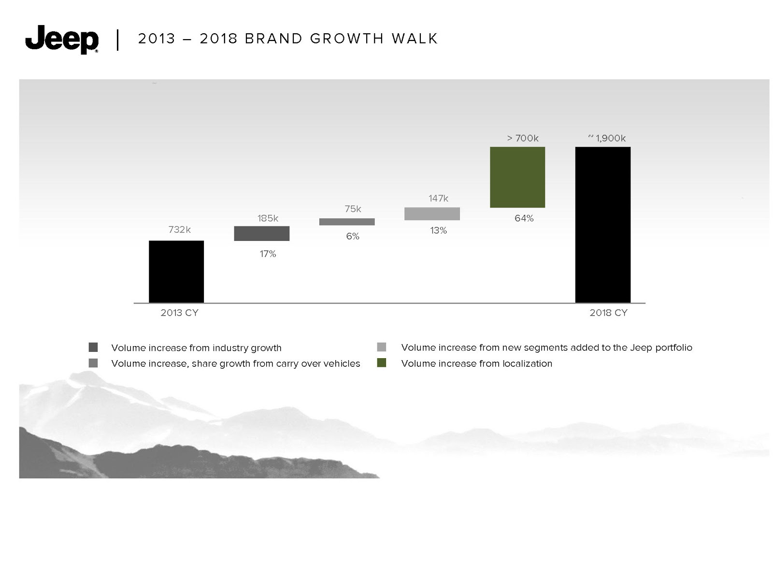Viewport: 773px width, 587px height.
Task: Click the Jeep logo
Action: point(62,40)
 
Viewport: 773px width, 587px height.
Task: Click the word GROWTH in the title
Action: point(346,38)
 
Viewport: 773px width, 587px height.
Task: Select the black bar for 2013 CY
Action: point(176,271)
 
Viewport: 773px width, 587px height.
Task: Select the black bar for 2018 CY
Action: point(602,224)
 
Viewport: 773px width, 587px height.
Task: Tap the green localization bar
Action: point(517,177)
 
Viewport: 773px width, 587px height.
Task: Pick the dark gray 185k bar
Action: point(262,233)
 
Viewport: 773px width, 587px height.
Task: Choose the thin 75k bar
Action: point(347,222)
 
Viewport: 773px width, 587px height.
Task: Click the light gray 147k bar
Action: point(432,213)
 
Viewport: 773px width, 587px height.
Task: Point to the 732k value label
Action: point(179,229)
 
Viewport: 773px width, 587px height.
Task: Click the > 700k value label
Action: point(523,138)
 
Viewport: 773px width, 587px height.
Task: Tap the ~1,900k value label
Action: point(607,138)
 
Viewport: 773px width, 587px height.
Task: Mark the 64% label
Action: point(524,218)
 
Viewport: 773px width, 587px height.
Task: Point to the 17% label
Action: point(268,253)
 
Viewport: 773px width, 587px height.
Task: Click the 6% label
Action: point(353,236)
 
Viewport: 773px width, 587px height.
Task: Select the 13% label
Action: point(438,230)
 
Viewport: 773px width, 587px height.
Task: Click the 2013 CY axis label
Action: point(179,312)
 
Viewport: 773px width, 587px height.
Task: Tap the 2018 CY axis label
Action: point(608,312)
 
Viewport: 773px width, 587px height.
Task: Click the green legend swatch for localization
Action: point(381,363)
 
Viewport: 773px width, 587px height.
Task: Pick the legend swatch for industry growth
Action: point(93,347)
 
